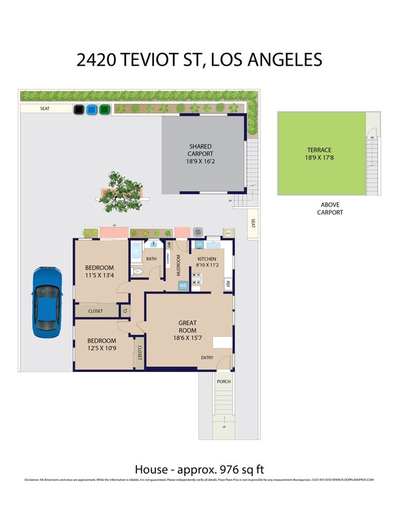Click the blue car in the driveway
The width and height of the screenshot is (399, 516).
coord(47,302)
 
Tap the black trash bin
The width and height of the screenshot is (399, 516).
coord(79,110)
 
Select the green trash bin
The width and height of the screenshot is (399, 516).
coord(105,110)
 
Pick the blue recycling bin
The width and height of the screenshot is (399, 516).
coord(92,110)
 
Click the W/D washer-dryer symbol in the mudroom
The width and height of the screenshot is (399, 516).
coord(183,285)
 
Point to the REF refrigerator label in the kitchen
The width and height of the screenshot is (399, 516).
coord(227,284)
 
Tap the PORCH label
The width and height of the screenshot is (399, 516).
coord(223,381)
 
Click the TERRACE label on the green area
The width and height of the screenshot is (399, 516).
coord(319,150)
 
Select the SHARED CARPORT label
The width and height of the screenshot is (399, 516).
coord(201,150)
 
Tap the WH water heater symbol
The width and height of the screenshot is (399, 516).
coord(228,233)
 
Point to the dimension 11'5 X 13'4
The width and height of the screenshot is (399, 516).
coord(99,275)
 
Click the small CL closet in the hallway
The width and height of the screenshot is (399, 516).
coord(125,310)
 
